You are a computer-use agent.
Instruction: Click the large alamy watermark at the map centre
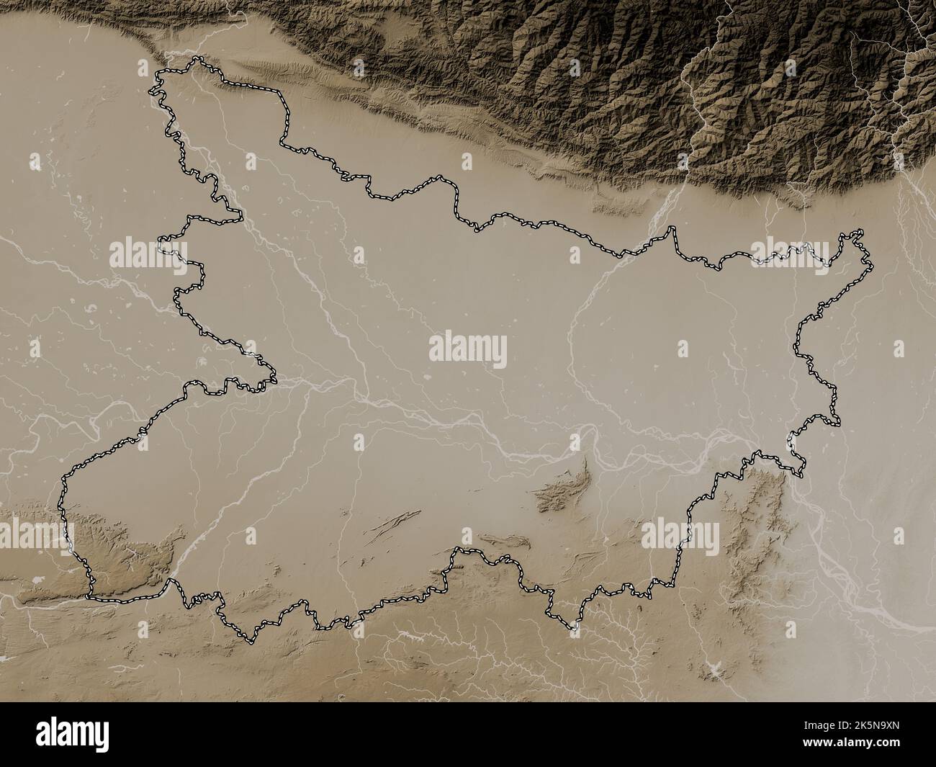click(x=467, y=348)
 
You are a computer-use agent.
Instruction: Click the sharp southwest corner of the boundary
click(x=90, y=596)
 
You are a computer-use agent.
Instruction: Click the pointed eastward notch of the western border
click(x=274, y=374)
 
